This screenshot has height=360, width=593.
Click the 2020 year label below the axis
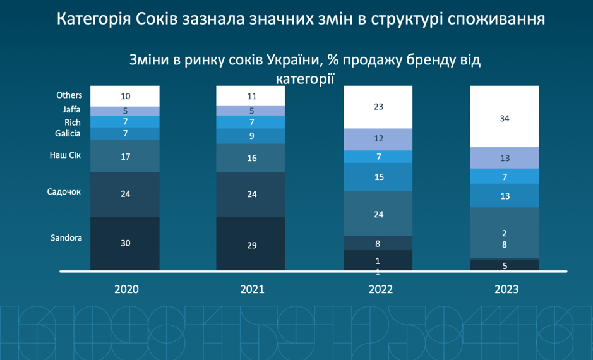click(126, 289)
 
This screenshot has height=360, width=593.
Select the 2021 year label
click(252, 289)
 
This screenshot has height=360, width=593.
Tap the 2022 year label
click(380, 289)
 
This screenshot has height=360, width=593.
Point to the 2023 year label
click(506, 289)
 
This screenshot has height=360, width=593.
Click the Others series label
click(69, 95)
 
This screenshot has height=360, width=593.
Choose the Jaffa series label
click(72, 110)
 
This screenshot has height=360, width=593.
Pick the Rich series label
click(73, 122)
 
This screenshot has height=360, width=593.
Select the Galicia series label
click(68, 133)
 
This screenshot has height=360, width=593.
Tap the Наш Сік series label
click(66, 155)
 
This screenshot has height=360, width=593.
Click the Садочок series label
click(64, 191)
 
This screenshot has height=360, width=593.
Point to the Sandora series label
click(66, 238)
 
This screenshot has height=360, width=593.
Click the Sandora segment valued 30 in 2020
click(125, 243)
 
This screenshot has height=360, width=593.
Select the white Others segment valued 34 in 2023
click(505, 118)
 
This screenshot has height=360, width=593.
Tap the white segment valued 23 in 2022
click(378, 107)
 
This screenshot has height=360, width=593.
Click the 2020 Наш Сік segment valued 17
click(125, 156)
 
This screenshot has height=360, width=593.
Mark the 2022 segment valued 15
click(378, 177)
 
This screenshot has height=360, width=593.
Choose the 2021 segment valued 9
click(251, 136)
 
